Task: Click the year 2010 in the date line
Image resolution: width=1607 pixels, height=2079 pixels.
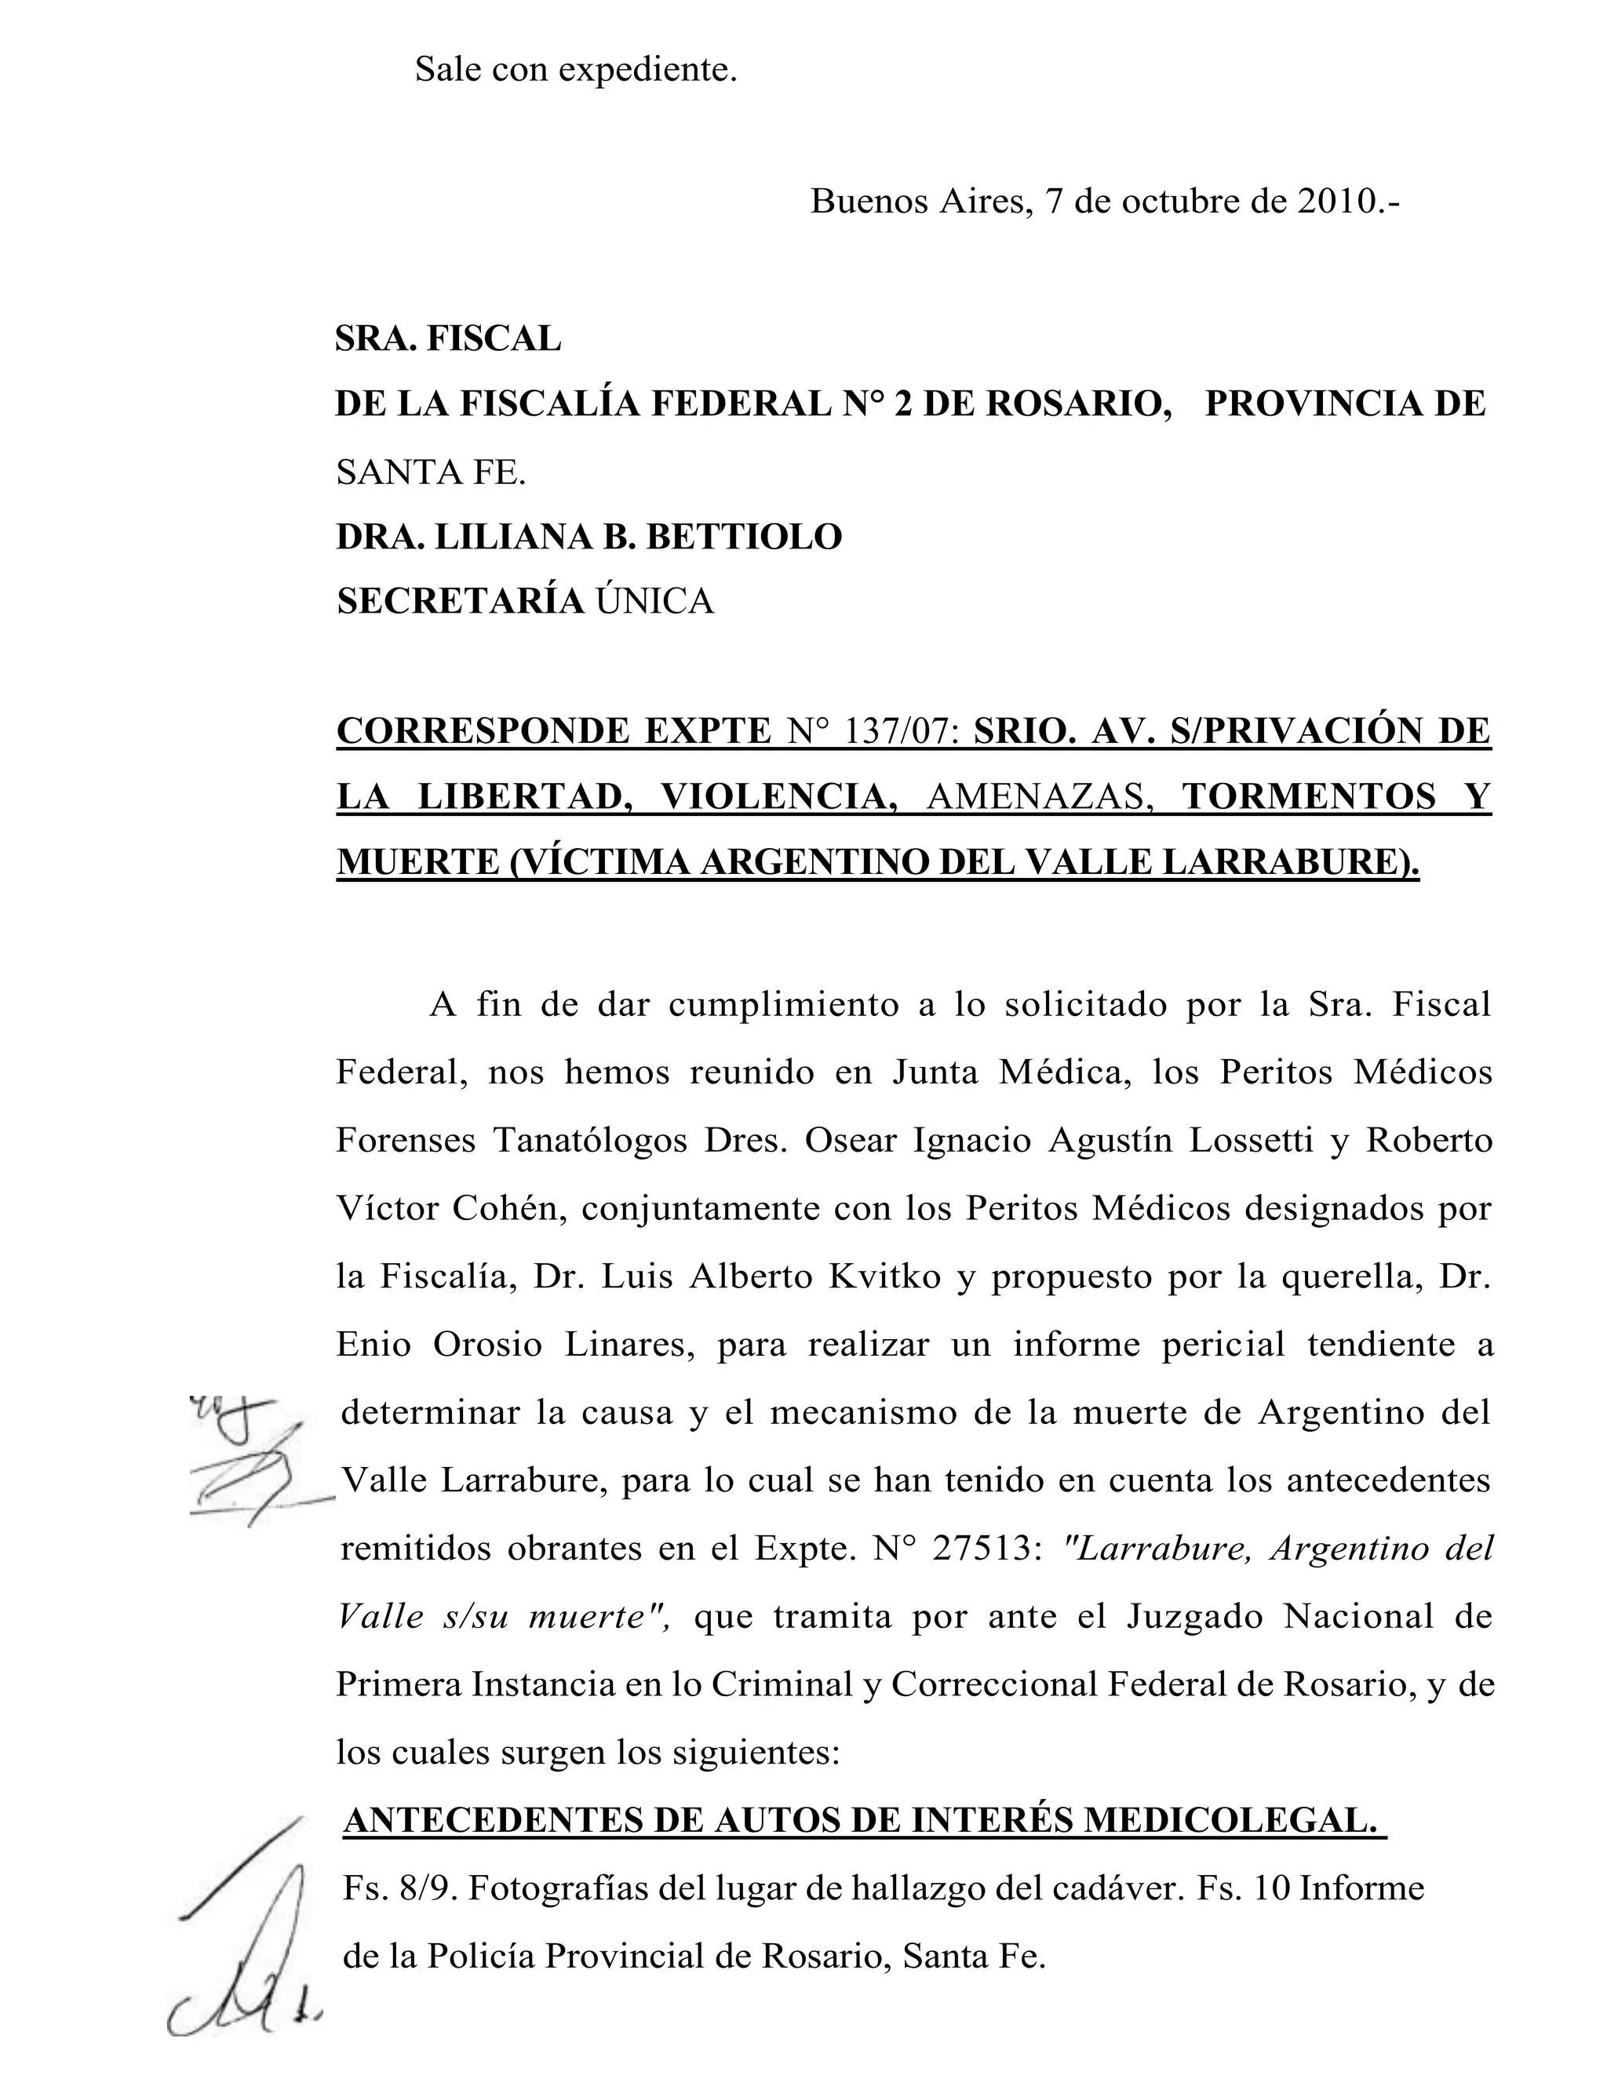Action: (x=1335, y=202)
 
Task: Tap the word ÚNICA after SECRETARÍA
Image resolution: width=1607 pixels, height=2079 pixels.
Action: (x=655, y=602)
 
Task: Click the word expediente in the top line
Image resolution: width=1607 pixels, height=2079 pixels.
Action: (x=647, y=70)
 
